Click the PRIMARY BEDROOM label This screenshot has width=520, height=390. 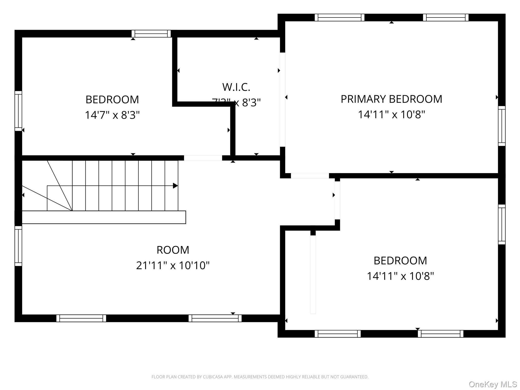coord(391,99)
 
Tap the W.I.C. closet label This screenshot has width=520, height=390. coord(236,87)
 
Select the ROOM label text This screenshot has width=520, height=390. coord(173,250)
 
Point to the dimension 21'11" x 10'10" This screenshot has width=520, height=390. coord(173,266)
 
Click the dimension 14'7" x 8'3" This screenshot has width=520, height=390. coord(112,115)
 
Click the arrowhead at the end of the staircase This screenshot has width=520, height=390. coord(175,186)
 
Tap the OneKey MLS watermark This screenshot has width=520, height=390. coord(493,384)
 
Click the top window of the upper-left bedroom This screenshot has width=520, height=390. coord(151,34)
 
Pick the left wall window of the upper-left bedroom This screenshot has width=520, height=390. coord(18,111)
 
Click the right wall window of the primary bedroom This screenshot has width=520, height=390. coord(502,126)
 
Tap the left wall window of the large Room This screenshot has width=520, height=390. coord(18,246)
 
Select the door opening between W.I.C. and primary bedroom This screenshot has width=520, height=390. coord(282,100)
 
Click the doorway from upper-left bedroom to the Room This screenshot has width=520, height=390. coord(203,158)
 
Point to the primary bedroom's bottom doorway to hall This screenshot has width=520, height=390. coord(310,176)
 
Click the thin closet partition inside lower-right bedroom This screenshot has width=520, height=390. coord(313,274)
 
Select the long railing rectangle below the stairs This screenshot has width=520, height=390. coord(104,217)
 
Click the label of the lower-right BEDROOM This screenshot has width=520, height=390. coord(400,261)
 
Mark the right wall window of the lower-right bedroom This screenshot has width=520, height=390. coord(502,224)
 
